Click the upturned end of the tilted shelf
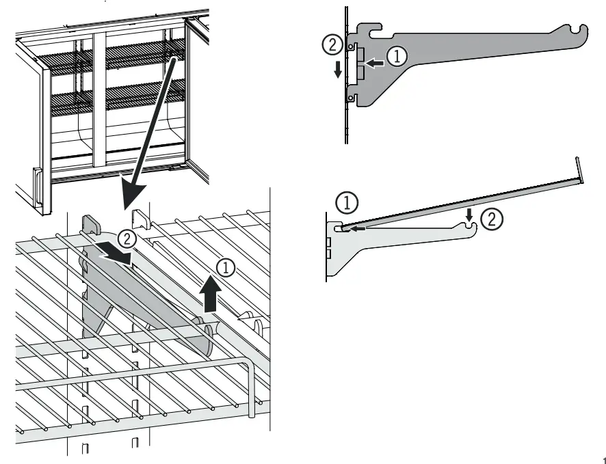pyautogui.click(x=580, y=169)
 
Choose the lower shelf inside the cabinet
pyautogui.click(x=116, y=96)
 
